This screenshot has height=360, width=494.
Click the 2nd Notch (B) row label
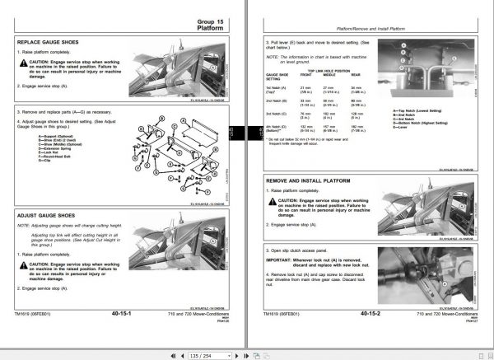(x=278, y=101)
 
